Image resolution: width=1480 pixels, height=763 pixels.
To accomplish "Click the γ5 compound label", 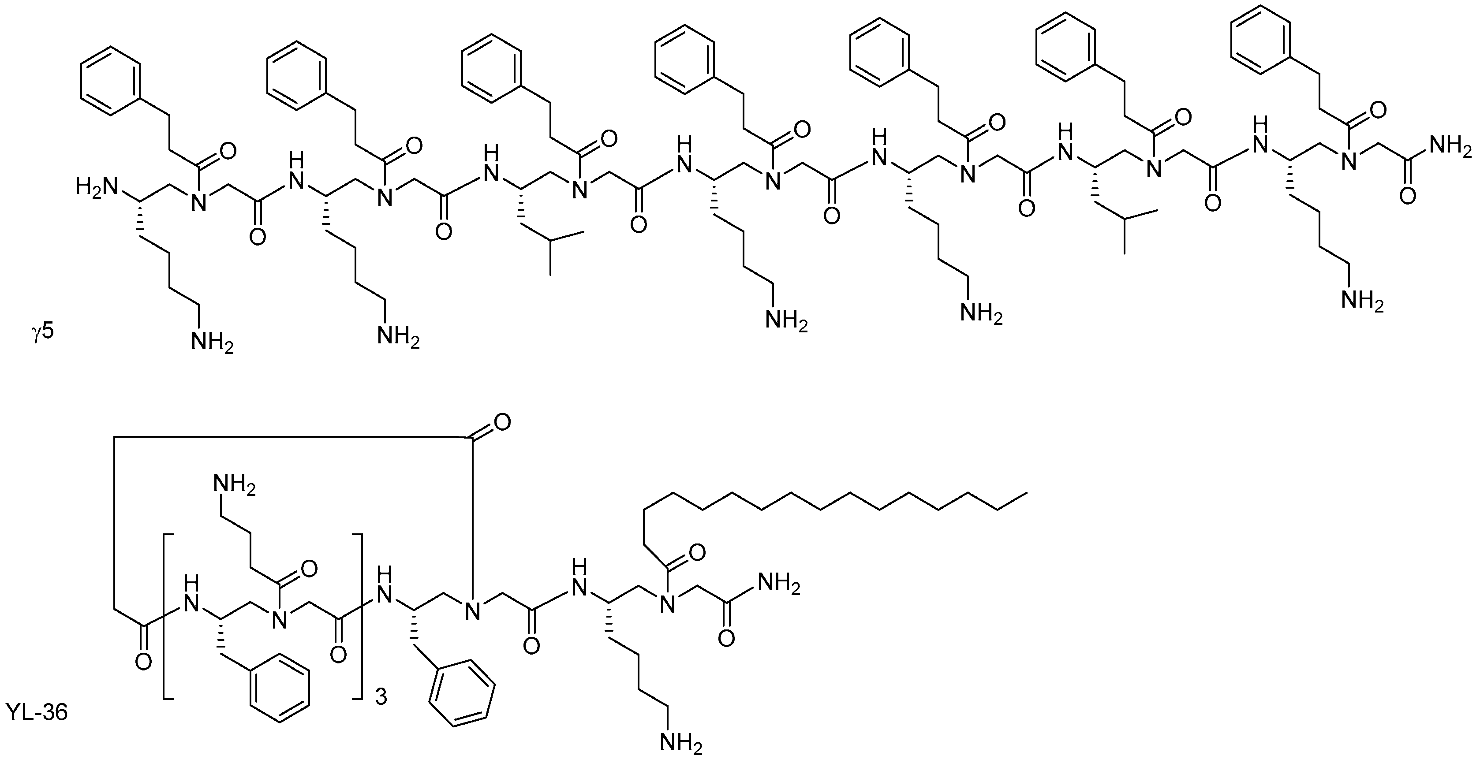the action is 42,332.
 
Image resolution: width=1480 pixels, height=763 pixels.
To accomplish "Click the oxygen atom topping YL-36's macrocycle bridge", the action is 501,424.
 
